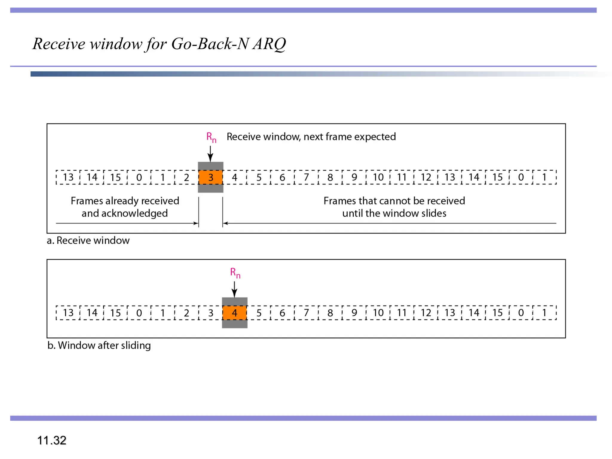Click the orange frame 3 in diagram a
pyautogui.click(x=211, y=177)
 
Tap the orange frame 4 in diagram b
pyautogui.click(x=235, y=313)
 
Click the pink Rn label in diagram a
pyautogui.click(x=211, y=137)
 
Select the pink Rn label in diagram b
pyautogui.click(x=235, y=273)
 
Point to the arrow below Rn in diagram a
pyautogui.click(x=210, y=154)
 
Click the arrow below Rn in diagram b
pyautogui.click(x=235, y=289)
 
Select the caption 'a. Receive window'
pyautogui.click(x=88, y=241)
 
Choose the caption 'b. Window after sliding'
pyautogui.click(x=99, y=345)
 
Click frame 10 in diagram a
pyautogui.click(x=378, y=177)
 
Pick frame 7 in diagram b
pyautogui.click(x=306, y=313)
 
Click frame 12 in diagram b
pyautogui.click(x=426, y=313)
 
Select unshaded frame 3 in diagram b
pyautogui.click(x=211, y=313)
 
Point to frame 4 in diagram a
pyautogui.click(x=235, y=177)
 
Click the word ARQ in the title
pyautogui.click(x=269, y=44)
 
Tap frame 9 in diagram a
pyautogui.click(x=354, y=177)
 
